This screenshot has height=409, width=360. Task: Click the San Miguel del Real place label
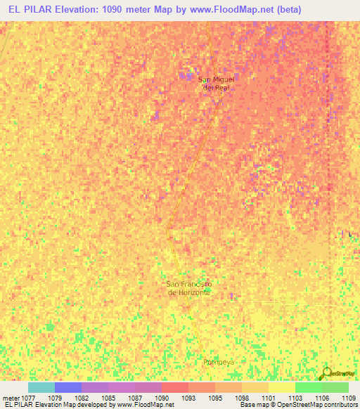click(214, 83)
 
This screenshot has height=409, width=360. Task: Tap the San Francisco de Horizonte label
click(188, 287)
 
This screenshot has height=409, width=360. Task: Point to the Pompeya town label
click(218, 362)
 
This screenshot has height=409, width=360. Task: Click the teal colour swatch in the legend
click(41, 387)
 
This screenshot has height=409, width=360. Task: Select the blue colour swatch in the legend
click(68, 387)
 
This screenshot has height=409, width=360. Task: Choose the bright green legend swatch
click(309, 387)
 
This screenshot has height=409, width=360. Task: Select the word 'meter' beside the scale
click(11, 398)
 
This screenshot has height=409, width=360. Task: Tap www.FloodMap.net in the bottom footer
click(146, 405)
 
